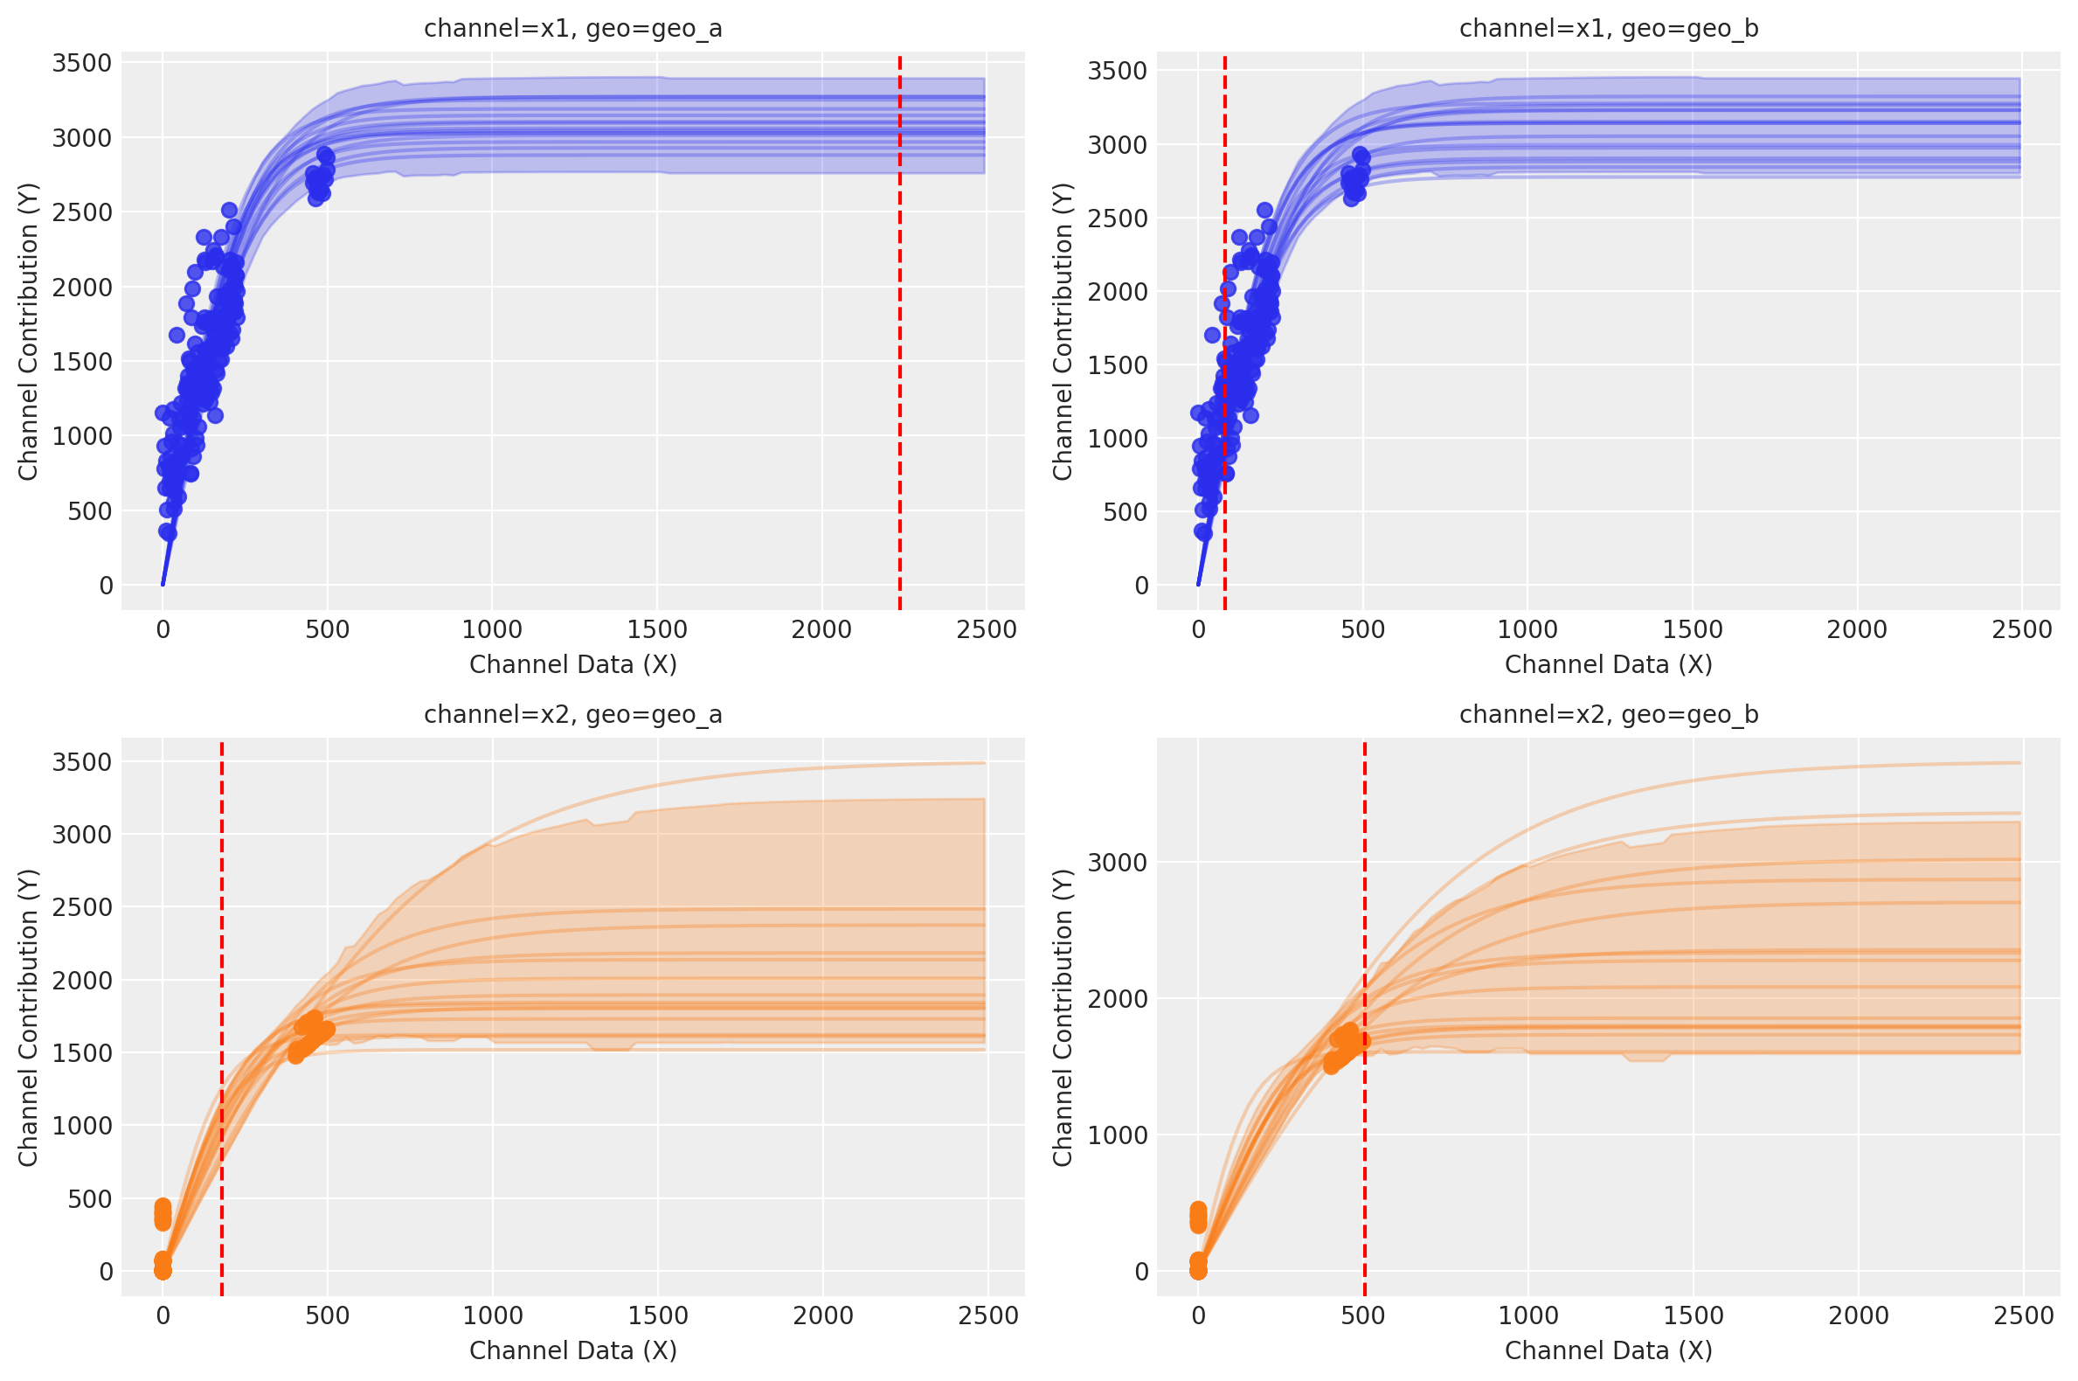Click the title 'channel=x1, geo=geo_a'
coord(573,29)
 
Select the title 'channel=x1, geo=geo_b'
coord(1609,29)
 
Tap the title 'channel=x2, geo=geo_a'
coord(573,714)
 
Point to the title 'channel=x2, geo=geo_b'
coord(1609,714)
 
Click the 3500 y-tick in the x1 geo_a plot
coord(82,64)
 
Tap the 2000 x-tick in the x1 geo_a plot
coord(821,630)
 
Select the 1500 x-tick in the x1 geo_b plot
coord(1693,630)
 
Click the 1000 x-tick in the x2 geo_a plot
coord(492,1315)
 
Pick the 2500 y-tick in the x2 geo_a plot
coord(82,907)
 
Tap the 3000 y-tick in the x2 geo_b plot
coord(1118,862)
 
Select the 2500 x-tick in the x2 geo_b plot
coord(2023,1315)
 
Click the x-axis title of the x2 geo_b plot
coord(1609,1350)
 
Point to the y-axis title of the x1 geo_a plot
coord(28,332)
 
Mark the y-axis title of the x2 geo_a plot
coord(28,1018)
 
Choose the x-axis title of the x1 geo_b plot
coord(1609,665)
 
